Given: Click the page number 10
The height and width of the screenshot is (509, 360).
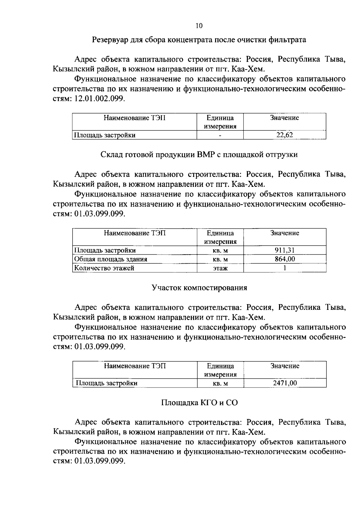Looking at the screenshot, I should (x=199, y=26).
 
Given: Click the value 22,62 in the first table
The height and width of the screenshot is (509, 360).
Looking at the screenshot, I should (x=284, y=135).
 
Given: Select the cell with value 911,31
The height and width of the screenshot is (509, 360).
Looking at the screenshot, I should (x=284, y=250).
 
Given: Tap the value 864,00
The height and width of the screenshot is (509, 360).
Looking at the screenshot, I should (x=284, y=259).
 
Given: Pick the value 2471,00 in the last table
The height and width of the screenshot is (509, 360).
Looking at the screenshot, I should (x=284, y=383).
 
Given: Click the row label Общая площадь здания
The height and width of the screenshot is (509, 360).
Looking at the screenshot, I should (x=111, y=259).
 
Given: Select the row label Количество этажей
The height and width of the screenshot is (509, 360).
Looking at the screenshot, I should (x=104, y=268).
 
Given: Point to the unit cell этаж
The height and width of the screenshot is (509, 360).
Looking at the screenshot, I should (x=220, y=268).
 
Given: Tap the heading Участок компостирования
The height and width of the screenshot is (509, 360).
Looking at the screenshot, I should (x=199, y=288).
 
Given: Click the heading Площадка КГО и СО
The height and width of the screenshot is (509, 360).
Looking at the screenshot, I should (x=199, y=403).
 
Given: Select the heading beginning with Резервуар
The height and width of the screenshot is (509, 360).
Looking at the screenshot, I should (x=199, y=40).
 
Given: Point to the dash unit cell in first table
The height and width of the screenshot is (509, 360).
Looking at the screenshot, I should (x=220, y=135).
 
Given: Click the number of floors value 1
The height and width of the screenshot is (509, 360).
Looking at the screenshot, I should (x=284, y=268).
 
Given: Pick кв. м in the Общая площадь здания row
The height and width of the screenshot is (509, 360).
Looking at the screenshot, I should (x=220, y=259).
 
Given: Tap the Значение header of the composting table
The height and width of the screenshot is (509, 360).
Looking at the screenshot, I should (x=284, y=366).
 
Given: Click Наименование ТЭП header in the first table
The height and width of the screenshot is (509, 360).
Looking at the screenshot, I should (x=134, y=118).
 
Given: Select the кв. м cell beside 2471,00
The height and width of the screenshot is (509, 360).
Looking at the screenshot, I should (x=220, y=383).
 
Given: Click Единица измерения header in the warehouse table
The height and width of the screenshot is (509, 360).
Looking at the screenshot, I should (x=220, y=237).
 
